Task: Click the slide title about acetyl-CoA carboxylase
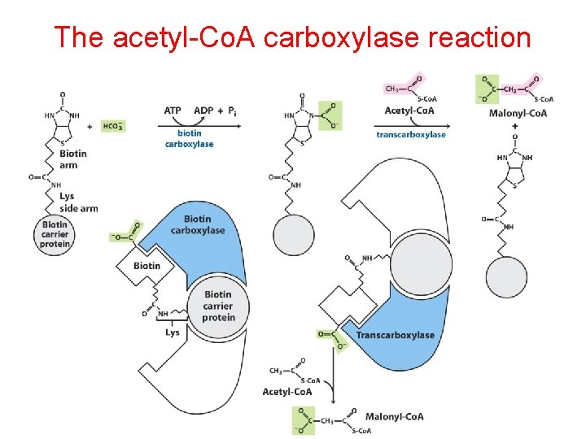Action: pos(292,37)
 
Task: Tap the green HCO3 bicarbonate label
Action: pos(113,125)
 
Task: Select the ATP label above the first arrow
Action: pos(173,111)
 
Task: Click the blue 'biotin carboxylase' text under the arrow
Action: pos(189,139)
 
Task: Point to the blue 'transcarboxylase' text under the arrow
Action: pos(411,135)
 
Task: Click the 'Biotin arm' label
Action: pos(73,159)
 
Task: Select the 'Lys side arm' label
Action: pos(78,202)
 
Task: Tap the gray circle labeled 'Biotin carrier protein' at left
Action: pos(55,235)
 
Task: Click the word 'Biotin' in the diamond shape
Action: pos(147,266)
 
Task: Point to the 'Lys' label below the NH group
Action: pos(173,332)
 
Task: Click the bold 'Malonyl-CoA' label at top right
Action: pos(517,112)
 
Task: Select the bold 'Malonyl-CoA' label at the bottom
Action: pos(395,416)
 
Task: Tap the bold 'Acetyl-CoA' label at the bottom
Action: pos(287,392)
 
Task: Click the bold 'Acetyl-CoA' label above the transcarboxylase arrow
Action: pos(409,111)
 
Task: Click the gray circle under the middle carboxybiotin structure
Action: pos(294,235)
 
